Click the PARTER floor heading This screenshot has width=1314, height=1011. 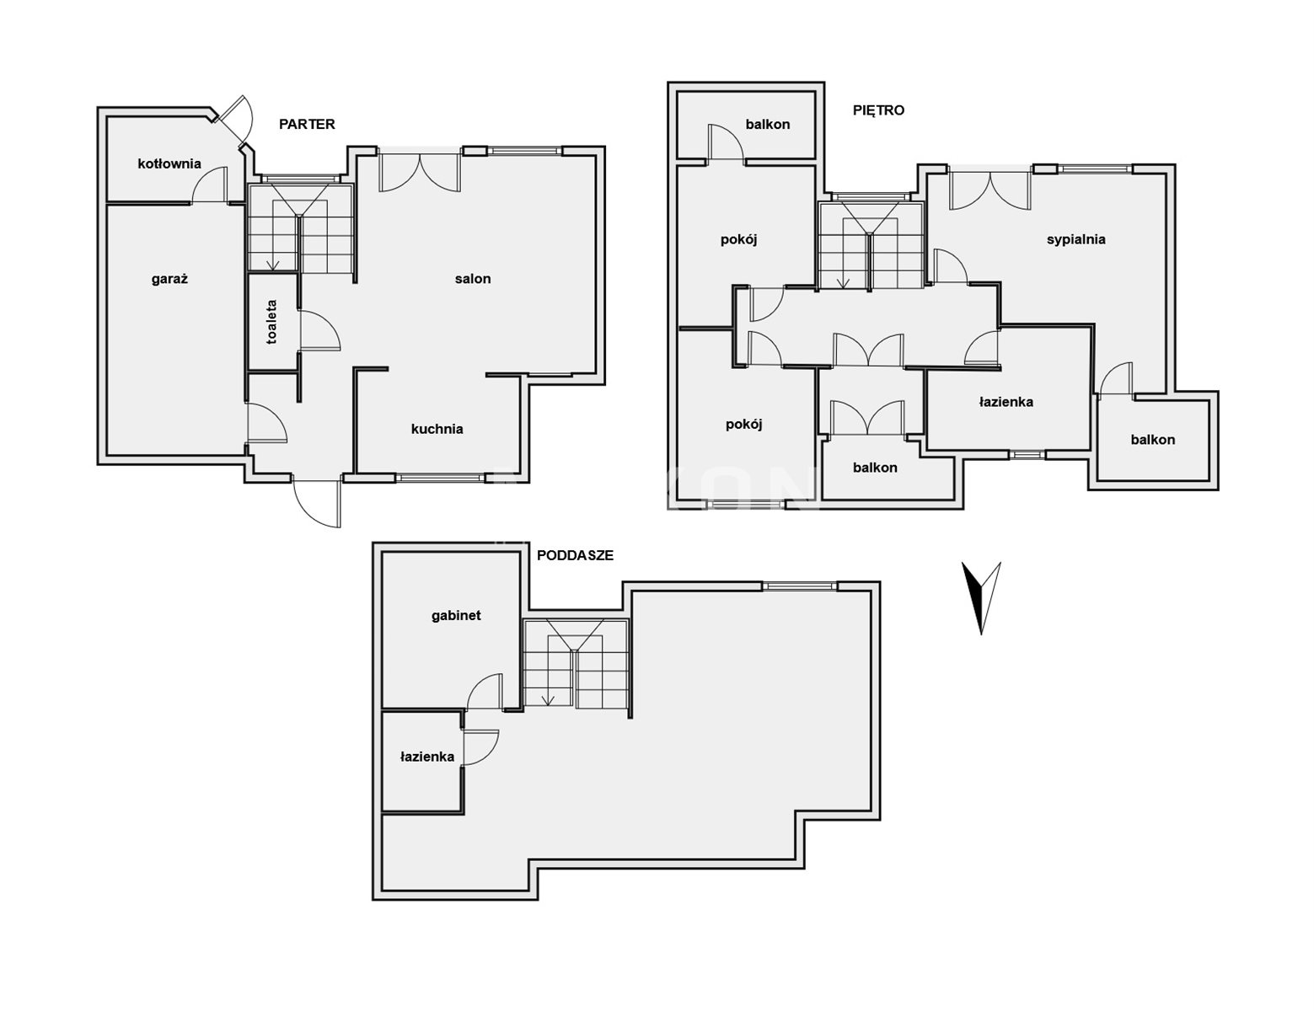tap(307, 125)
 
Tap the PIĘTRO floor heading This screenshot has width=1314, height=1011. tap(878, 110)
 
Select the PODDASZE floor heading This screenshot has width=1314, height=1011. tap(575, 555)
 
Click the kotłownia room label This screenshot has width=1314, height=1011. tap(169, 163)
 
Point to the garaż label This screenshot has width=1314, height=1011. tap(170, 279)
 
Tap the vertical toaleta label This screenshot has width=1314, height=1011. tap(271, 322)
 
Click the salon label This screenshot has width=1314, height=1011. tap(473, 279)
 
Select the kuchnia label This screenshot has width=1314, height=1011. tap(437, 429)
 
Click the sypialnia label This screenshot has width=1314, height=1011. tap(1076, 240)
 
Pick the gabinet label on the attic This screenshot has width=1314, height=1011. tap(456, 616)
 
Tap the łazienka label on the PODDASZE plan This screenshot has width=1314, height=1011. tap(427, 757)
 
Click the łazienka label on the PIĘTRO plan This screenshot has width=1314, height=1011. tap(1006, 402)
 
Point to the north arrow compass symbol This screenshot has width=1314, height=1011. tap(981, 597)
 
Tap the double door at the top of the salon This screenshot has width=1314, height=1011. tap(420, 173)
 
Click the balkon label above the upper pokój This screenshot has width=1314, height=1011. tap(767, 125)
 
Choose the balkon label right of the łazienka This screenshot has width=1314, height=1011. tap(1152, 440)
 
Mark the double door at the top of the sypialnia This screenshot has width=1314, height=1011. tap(990, 191)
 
